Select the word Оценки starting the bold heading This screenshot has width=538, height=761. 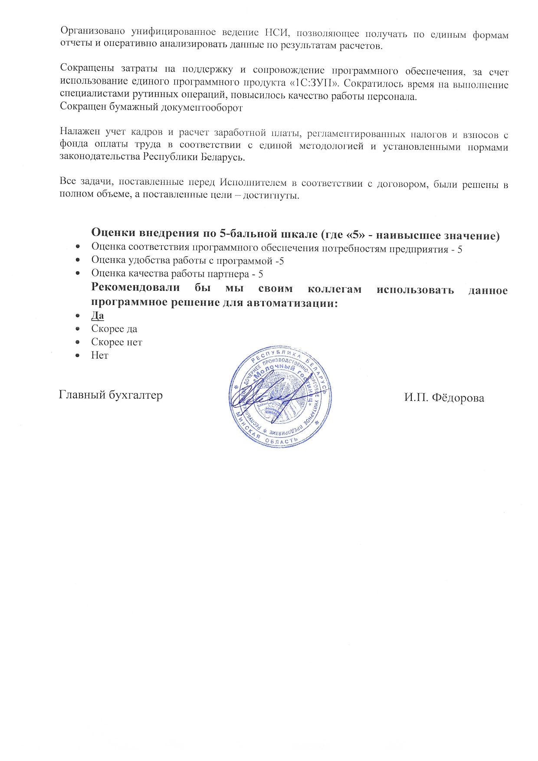pyautogui.click(x=113, y=233)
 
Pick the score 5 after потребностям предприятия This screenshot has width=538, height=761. pyautogui.click(x=459, y=249)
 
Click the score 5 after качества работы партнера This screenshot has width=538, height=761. pyautogui.click(x=261, y=274)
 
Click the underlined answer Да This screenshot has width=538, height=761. pyautogui.click(x=97, y=315)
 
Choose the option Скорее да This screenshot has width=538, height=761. pyautogui.click(x=114, y=329)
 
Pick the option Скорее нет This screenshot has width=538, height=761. pyautogui.click(x=116, y=342)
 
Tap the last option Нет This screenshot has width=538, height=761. pyautogui.click(x=99, y=355)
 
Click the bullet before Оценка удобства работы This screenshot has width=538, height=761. pyautogui.click(x=78, y=260)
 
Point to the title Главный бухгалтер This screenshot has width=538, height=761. pyautogui.click(x=111, y=395)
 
